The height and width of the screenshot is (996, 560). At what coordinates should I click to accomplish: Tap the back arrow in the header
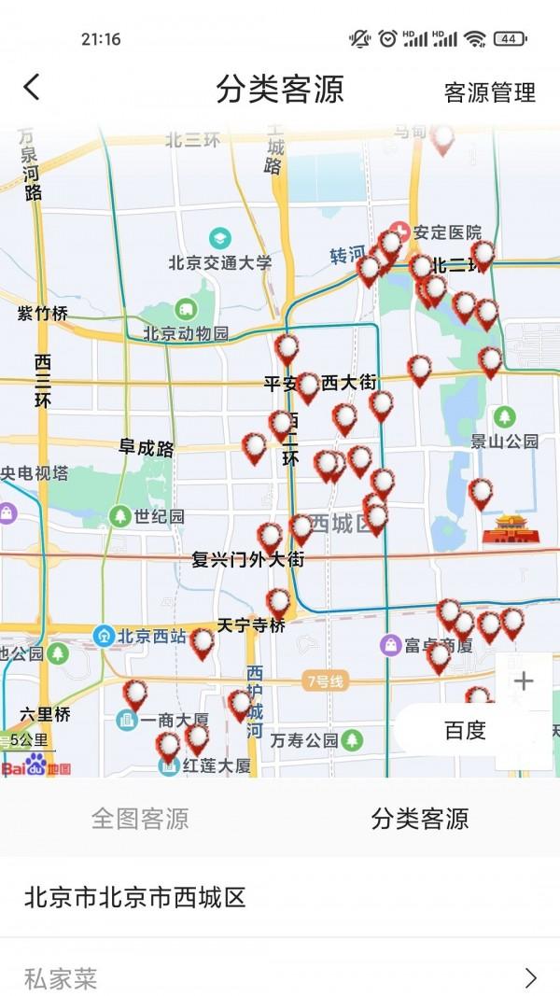(32, 89)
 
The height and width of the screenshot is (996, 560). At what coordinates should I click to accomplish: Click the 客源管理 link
(489, 92)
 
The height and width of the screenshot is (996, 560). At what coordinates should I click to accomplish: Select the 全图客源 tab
(140, 819)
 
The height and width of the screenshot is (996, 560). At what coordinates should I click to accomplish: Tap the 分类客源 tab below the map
(420, 819)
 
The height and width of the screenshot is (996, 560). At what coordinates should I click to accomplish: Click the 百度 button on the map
(465, 731)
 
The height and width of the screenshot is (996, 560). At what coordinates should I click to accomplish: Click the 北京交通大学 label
(220, 262)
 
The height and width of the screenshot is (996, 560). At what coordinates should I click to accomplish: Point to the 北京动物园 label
(186, 332)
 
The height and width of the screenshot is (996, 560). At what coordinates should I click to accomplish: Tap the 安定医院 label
(447, 232)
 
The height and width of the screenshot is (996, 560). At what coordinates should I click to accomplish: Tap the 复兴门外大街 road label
(247, 559)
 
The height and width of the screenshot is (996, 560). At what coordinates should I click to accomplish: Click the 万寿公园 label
(304, 740)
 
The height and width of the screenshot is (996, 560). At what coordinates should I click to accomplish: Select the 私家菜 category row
(280, 977)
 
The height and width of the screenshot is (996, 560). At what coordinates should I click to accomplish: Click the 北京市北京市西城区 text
(135, 897)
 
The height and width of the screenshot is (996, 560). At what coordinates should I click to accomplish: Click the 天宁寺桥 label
(251, 625)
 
